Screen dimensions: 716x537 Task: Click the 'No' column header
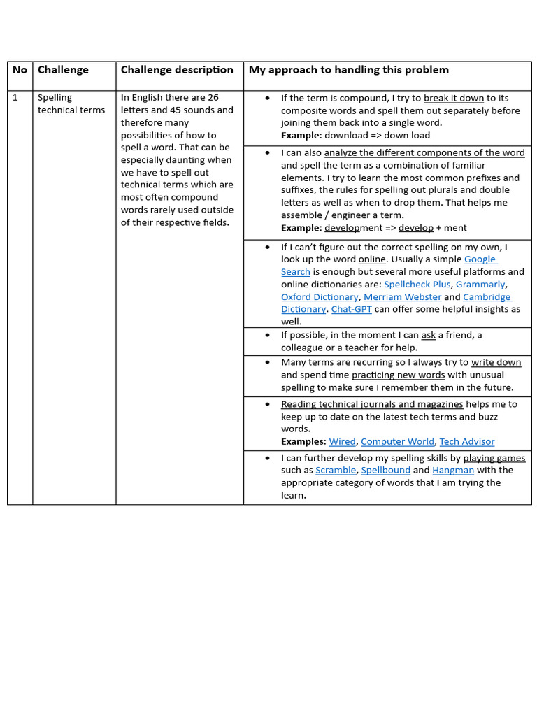click(x=20, y=70)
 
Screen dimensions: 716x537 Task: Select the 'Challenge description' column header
click(x=177, y=70)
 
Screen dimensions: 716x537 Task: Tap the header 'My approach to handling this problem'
click(x=348, y=70)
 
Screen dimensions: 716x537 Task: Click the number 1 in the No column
click(x=15, y=98)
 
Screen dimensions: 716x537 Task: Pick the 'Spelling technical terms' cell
click(x=71, y=104)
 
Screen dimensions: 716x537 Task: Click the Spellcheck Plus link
click(x=417, y=285)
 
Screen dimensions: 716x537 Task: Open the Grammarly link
click(x=480, y=285)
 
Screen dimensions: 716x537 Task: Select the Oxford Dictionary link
click(x=319, y=297)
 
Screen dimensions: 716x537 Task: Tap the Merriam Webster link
click(x=402, y=297)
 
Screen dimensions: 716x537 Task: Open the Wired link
click(x=342, y=442)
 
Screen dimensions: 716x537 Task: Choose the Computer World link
click(x=397, y=442)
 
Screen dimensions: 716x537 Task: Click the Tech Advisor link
click(x=466, y=442)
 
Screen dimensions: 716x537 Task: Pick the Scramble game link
click(x=335, y=471)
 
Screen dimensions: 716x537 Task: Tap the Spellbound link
click(x=385, y=471)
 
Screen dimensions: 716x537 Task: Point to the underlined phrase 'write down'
click(x=496, y=363)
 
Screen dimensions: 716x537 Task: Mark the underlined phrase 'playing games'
click(x=494, y=459)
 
